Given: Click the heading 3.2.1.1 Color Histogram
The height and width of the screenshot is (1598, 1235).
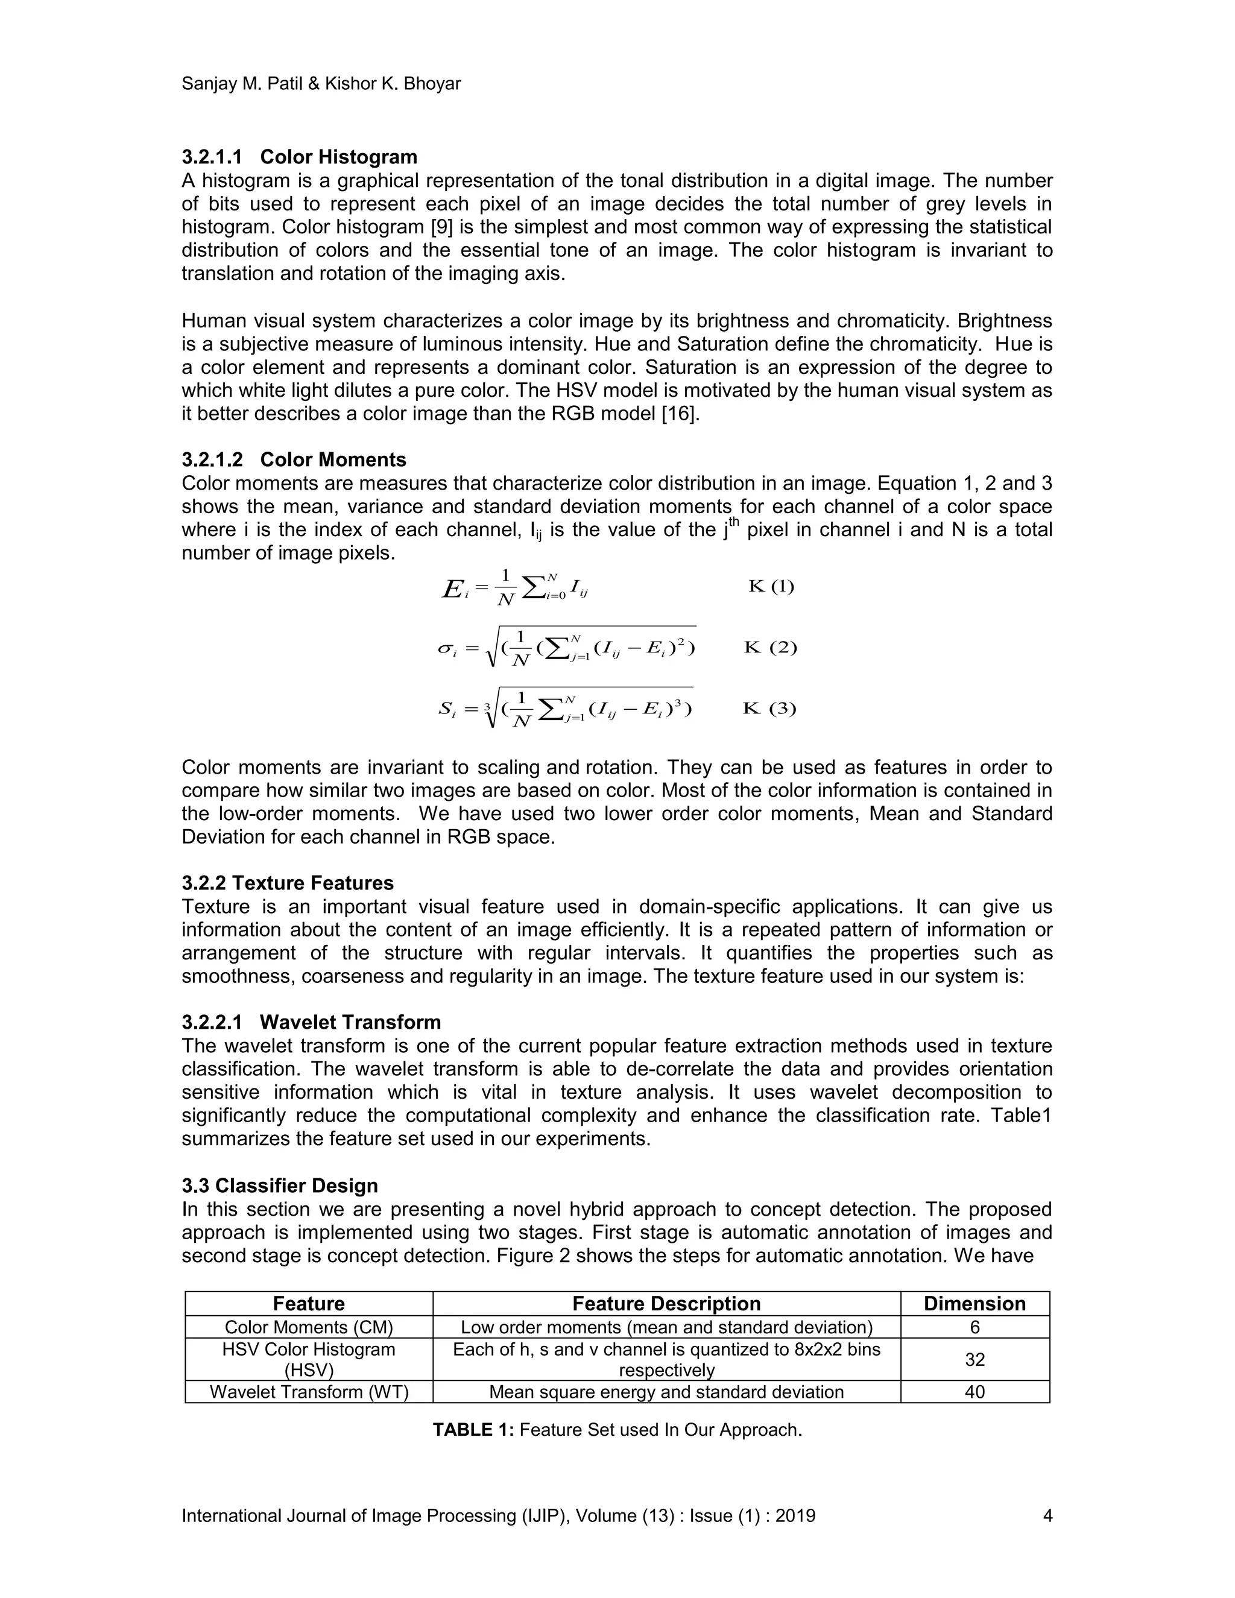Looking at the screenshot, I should click(x=299, y=157).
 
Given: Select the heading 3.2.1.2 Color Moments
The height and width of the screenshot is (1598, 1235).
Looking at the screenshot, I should click(x=294, y=460).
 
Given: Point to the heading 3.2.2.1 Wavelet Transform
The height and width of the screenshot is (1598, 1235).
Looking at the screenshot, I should click(x=311, y=1022).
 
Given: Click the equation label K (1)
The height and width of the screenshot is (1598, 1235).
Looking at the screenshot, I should click(x=771, y=586).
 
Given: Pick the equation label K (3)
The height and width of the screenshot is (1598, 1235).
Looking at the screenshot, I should click(x=769, y=709).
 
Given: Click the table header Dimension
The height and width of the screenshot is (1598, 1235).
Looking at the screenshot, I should click(x=974, y=1303).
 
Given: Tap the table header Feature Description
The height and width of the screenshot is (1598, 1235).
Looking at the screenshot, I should click(x=666, y=1303).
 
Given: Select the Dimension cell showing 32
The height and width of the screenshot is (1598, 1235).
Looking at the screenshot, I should click(x=974, y=1359).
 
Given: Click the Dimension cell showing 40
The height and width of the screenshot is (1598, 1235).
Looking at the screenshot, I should click(x=974, y=1392).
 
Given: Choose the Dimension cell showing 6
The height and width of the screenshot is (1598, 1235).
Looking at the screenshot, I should click(x=974, y=1327).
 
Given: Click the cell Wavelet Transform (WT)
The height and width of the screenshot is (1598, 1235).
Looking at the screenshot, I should click(x=309, y=1392).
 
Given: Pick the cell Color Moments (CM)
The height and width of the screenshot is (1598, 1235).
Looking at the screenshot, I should click(x=309, y=1327).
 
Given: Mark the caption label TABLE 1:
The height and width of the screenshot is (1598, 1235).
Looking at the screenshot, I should click(x=473, y=1430).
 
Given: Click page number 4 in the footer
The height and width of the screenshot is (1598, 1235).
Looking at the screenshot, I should click(x=1047, y=1515).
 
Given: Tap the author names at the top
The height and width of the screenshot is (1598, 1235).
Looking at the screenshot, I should click(x=321, y=83).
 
